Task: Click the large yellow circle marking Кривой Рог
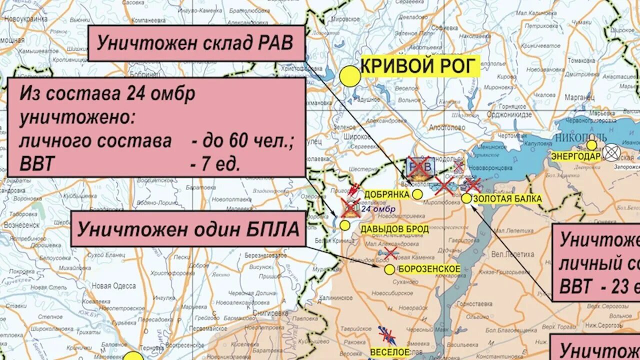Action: [x=350, y=77]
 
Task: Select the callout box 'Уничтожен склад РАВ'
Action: [x=196, y=43]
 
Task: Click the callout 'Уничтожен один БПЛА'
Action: [x=188, y=229]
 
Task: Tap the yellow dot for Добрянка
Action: [x=417, y=194]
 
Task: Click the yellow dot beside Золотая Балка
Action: [x=466, y=198]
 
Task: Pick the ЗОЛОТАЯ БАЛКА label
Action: [x=507, y=198]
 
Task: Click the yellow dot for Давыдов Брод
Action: [x=345, y=225]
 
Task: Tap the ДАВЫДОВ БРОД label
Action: [x=394, y=229]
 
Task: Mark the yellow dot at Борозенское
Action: [x=389, y=269]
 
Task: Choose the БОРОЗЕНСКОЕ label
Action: [x=429, y=269]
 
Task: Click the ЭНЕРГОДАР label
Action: [x=575, y=155]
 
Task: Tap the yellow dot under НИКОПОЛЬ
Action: [x=591, y=145]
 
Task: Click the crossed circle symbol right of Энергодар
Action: [x=611, y=152]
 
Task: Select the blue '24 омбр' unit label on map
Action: [x=378, y=209]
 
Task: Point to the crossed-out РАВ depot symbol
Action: [x=419, y=167]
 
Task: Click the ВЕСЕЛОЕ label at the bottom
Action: [x=390, y=351]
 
